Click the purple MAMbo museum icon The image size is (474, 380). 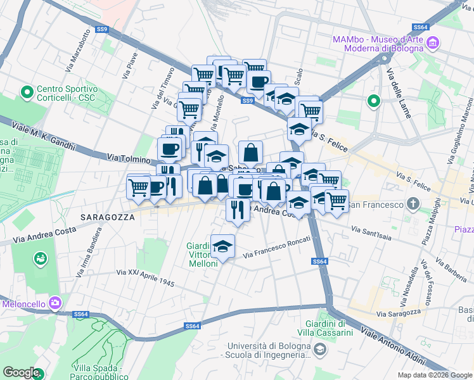433,43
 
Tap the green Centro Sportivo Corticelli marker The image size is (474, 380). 27,94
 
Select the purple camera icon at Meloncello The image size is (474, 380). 55,303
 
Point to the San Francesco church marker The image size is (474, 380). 413,204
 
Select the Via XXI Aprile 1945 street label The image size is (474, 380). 145,277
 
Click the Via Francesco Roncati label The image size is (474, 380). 277,247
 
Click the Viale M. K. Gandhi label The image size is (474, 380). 44,136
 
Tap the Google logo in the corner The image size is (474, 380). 22,372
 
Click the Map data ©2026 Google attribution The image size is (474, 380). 434,375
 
